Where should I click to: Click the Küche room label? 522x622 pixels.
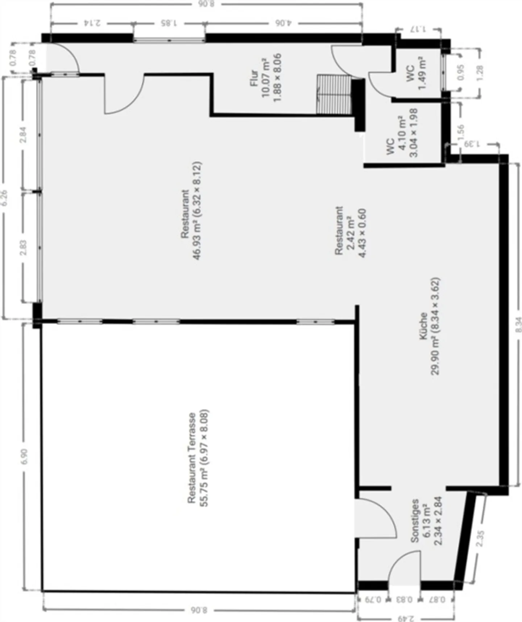(x=423, y=326)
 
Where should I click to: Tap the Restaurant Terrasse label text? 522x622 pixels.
(x=192, y=458)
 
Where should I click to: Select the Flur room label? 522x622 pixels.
(x=255, y=78)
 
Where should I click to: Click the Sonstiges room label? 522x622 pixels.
(x=415, y=521)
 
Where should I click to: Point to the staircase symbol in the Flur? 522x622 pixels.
(x=334, y=94)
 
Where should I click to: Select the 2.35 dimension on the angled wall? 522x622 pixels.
(x=480, y=539)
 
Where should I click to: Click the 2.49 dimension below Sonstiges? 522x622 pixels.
(x=406, y=618)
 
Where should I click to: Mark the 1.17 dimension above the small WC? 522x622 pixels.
(x=419, y=29)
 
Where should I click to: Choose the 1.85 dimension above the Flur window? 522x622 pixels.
(x=169, y=24)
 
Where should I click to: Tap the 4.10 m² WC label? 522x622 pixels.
(x=400, y=132)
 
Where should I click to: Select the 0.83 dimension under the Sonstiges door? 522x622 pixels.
(x=404, y=599)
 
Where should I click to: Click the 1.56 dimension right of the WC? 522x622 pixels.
(x=461, y=133)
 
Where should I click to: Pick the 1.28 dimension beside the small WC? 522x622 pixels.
(x=480, y=73)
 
